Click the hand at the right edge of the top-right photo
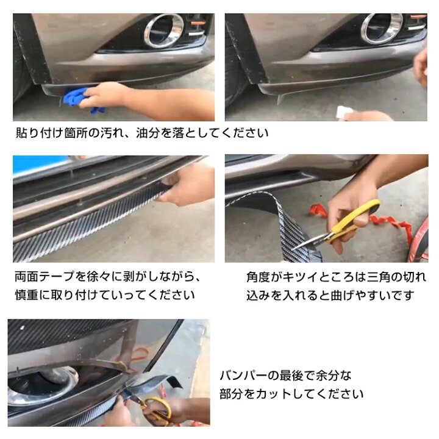pyautogui.click(x=421, y=67)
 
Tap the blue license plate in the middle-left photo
pyautogui.click(x=40, y=166)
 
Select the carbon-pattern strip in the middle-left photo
pyautogui.click(x=91, y=223)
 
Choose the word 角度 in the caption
pyautogui.click(x=260, y=276)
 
